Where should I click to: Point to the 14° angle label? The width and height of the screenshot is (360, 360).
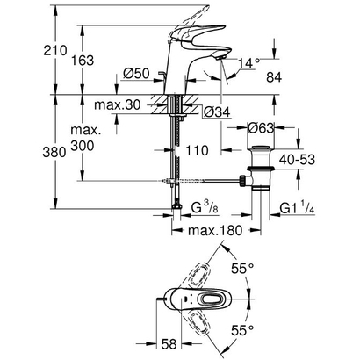pos(250,62)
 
